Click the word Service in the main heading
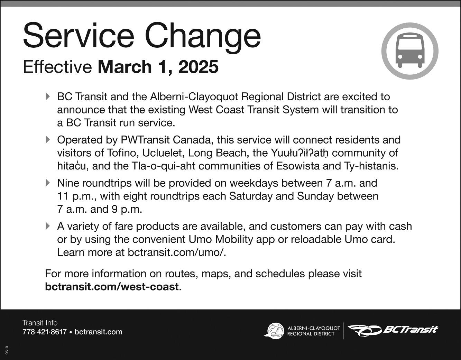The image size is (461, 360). [x=79, y=36]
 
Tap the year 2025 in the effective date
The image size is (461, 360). [x=199, y=67]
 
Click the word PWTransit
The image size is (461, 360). [x=145, y=140]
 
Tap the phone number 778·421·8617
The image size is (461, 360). [x=45, y=332]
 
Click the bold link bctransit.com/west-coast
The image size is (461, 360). [x=112, y=287]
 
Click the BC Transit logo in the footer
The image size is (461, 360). [x=393, y=331]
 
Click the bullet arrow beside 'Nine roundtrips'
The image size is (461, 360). [x=48, y=183]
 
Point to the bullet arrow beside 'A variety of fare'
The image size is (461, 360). [x=48, y=226]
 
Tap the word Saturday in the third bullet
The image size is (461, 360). [x=250, y=196]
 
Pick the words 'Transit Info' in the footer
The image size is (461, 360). [x=40, y=323]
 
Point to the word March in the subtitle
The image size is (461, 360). [x=125, y=67]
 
